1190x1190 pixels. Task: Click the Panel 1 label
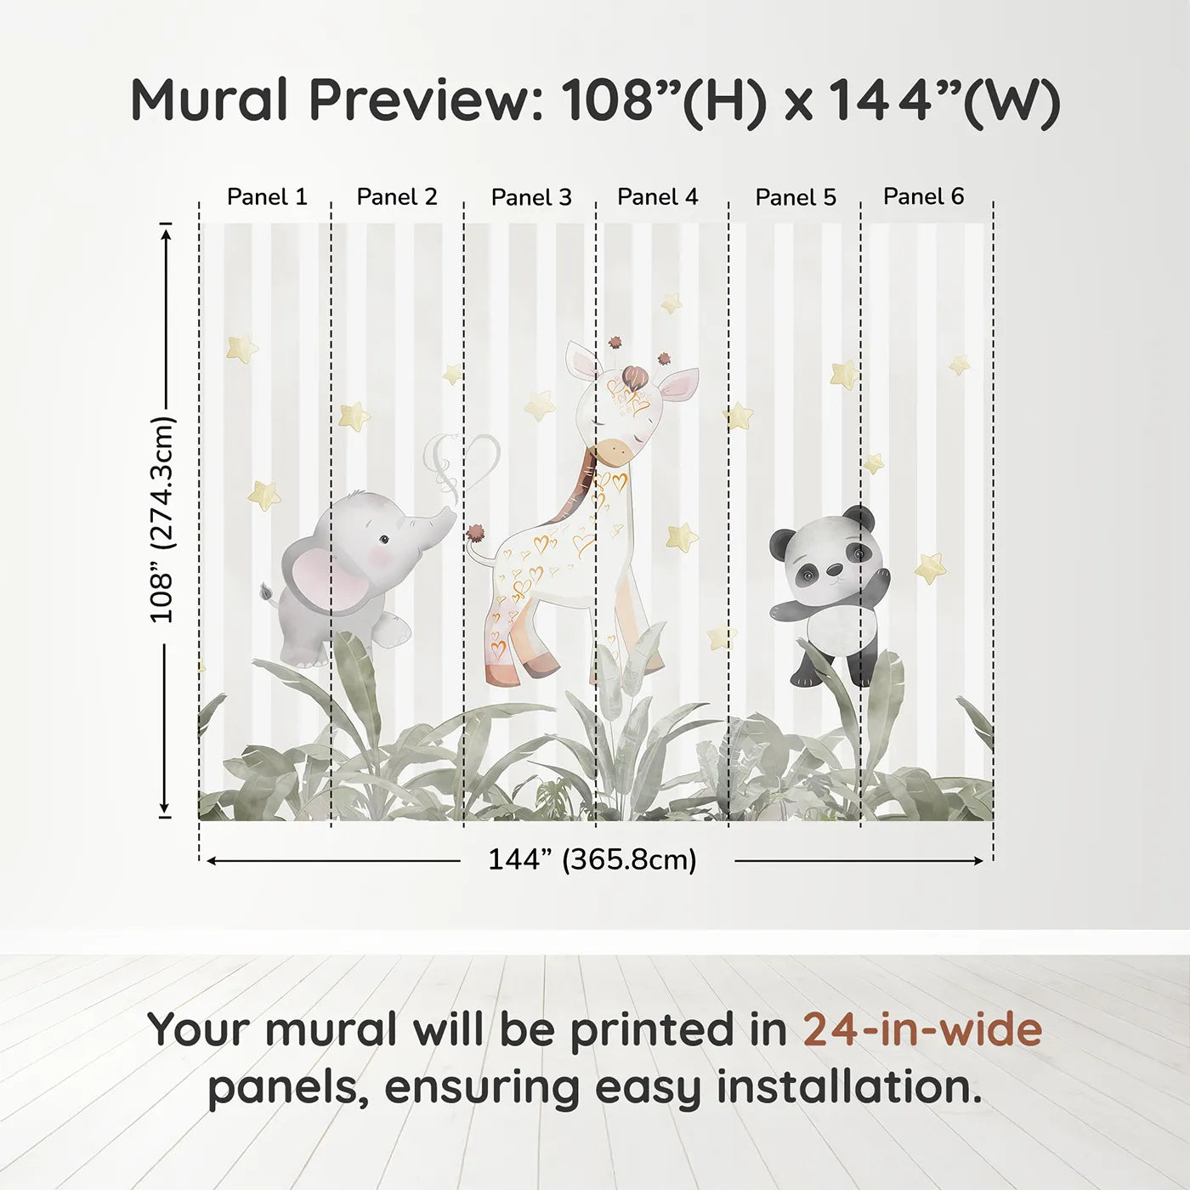pos(267,197)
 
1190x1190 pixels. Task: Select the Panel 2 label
pos(397,197)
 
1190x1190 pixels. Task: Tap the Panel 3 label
pos(531,197)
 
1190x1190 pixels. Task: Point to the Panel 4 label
pos(657,197)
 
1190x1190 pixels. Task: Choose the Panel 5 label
pos(796,197)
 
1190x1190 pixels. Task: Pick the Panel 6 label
pos(923,196)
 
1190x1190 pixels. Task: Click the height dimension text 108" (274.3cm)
pos(161,519)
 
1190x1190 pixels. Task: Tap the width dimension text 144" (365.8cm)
pos(592,859)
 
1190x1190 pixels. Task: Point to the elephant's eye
pos(384,539)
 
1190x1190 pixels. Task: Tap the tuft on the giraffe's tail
pos(475,534)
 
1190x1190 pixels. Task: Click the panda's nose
pos(836,570)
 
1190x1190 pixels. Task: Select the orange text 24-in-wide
pos(922,1029)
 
